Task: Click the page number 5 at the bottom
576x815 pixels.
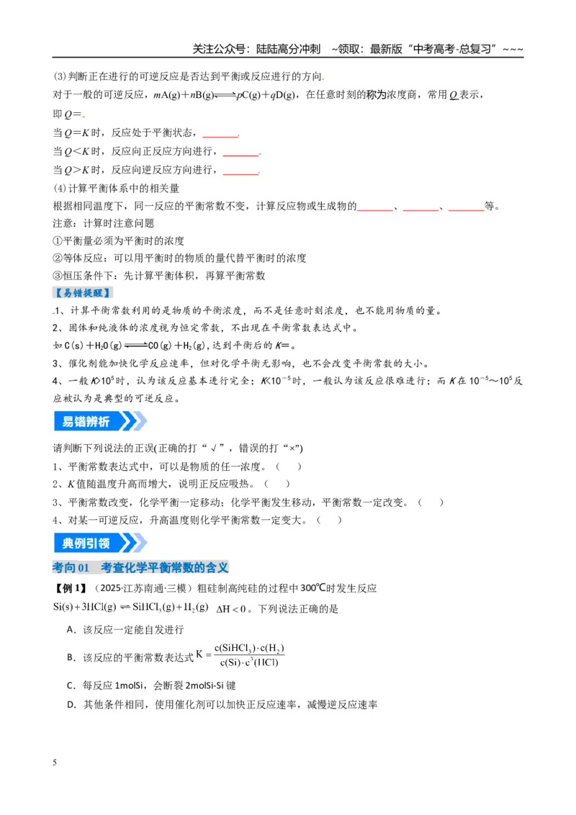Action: (55, 762)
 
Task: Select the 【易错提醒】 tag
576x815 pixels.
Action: (84, 292)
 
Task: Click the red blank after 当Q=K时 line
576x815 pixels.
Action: (220, 137)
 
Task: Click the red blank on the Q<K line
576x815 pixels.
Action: (240, 155)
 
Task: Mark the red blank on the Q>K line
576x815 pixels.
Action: (240, 174)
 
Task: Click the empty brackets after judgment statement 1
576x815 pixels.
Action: (289, 467)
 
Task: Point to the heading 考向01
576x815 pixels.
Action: (71, 567)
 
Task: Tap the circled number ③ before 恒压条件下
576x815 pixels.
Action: (58, 276)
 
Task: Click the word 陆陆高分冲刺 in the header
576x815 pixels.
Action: (288, 49)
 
